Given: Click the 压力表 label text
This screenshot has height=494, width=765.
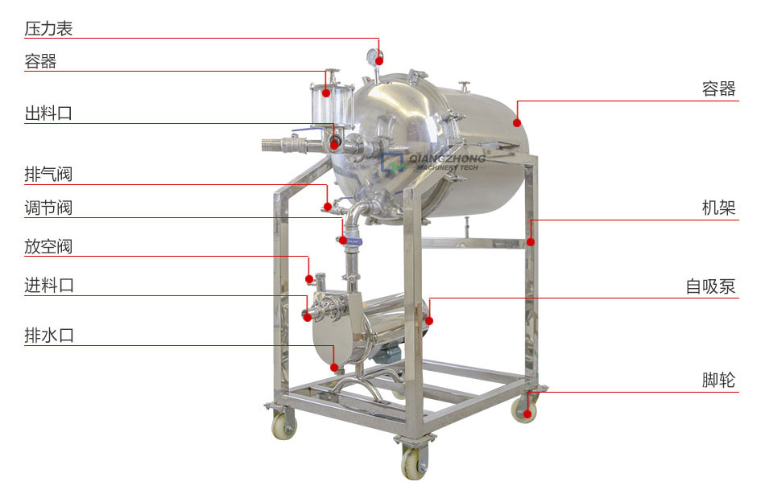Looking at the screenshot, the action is point(48,29).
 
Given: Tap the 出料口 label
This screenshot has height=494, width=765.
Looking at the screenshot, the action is point(48,113).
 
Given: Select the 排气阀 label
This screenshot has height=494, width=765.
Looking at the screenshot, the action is point(48,174).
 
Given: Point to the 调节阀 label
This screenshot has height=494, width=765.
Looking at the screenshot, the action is point(48,208).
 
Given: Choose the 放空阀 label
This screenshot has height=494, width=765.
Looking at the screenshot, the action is point(48,246).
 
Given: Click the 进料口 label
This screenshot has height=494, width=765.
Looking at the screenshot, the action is point(49,286).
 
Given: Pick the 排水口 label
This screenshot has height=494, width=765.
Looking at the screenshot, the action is point(49,336).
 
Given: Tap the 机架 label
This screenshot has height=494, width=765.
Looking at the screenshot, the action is point(718,208).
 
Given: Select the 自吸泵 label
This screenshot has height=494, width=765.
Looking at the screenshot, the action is point(710,286).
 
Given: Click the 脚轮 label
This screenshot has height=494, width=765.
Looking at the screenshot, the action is point(718,380).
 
